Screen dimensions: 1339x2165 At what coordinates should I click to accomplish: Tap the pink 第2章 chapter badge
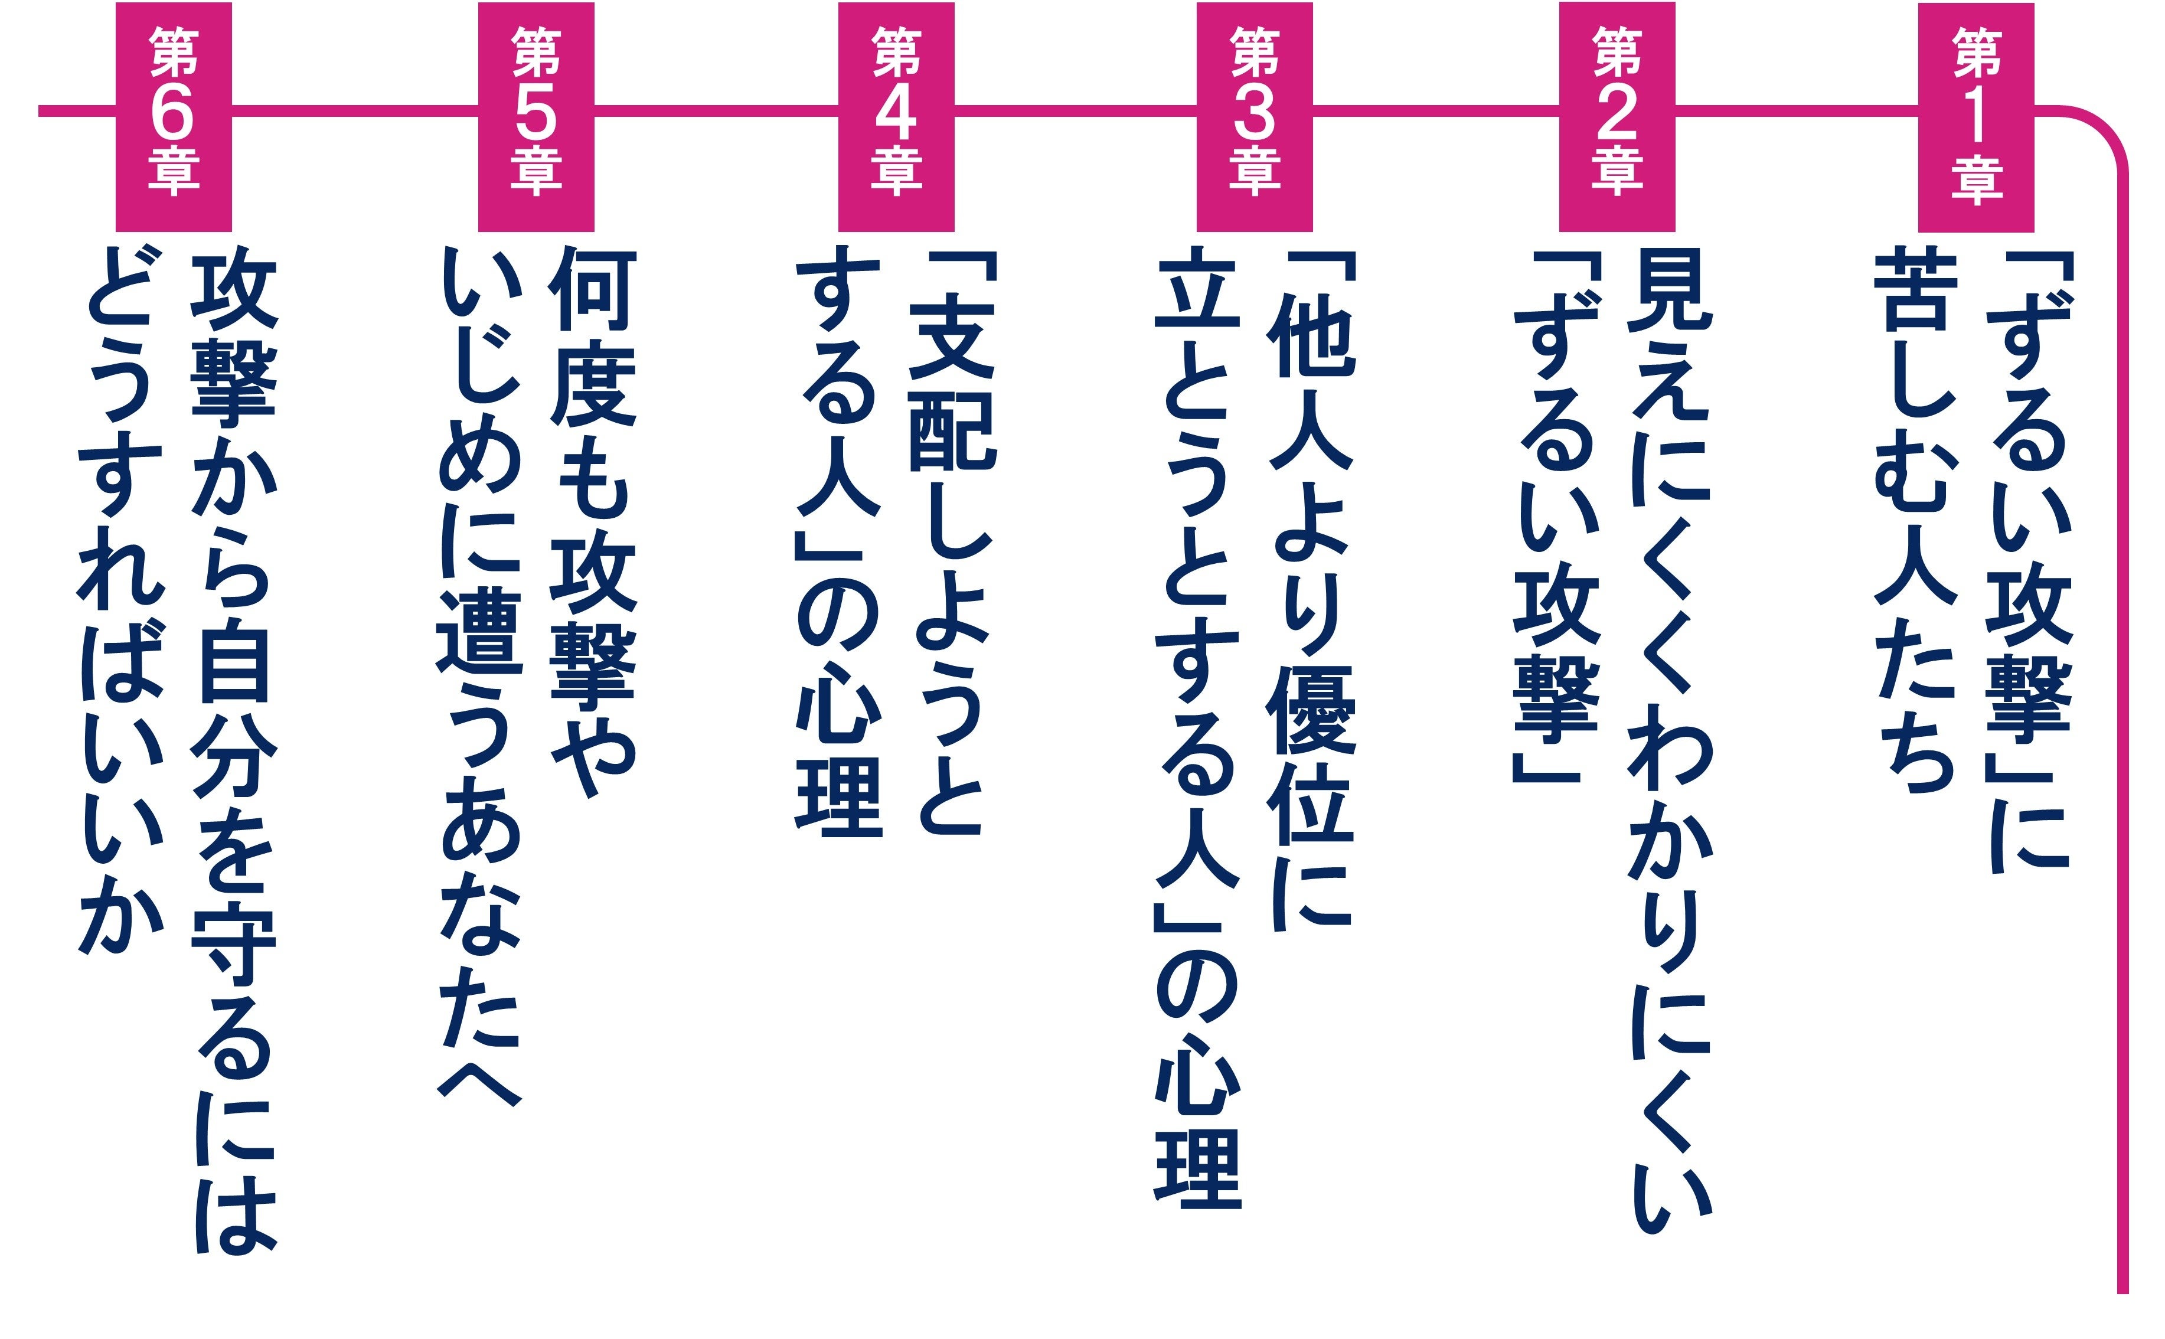pyautogui.click(x=1617, y=117)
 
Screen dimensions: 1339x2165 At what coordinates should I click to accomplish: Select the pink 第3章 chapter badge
pyautogui.click(x=1255, y=117)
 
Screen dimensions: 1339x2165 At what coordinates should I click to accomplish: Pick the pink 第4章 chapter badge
pyautogui.click(x=896, y=117)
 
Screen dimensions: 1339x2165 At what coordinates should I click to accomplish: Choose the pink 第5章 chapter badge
pyautogui.click(x=535, y=117)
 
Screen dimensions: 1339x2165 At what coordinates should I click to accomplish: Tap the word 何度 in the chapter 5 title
pyautogui.click(x=592, y=337)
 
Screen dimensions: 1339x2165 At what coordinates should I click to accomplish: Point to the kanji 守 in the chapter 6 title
pyautogui.click(x=234, y=948)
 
